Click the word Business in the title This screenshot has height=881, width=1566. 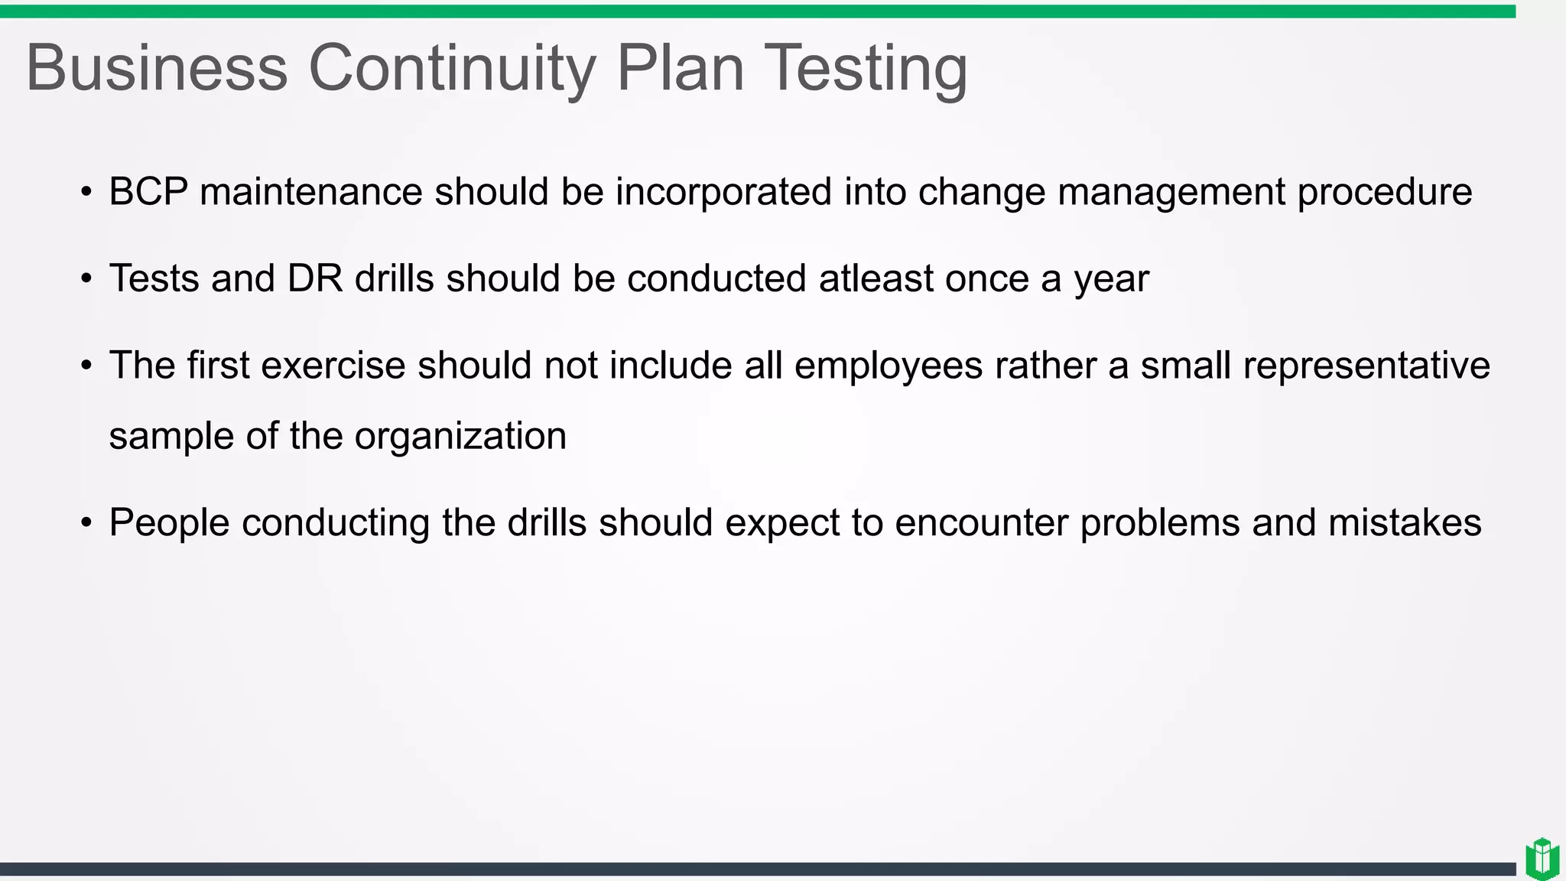(x=157, y=68)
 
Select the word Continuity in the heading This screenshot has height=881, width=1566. (x=451, y=68)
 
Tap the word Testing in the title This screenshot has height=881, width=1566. (x=866, y=68)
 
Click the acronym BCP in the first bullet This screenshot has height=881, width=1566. (x=148, y=191)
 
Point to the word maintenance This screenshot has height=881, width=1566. (x=310, y=191)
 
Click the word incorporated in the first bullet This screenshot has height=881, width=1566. (x=723, y=191)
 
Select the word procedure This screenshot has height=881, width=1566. (x=1384, y=191)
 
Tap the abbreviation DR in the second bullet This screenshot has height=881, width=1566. (x=315, y=278)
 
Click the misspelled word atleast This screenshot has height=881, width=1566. (x=876, y=278)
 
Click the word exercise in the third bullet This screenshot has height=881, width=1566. (x=333, y=366)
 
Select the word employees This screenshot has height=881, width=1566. (x=888, y=366)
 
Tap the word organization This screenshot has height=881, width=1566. (x=460, y=437)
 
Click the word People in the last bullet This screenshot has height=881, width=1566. (x=169, y=523)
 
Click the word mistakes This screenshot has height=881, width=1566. (x=1405, y=523)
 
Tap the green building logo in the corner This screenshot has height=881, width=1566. (x=1542, y=858)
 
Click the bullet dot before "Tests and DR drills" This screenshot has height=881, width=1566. (x=86, y=279)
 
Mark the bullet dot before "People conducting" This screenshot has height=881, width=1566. (x=86, y=524)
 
